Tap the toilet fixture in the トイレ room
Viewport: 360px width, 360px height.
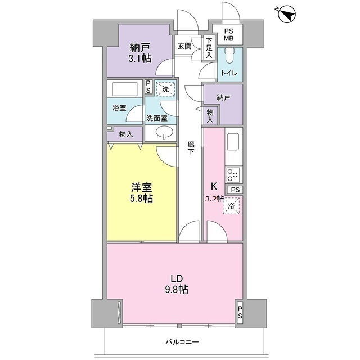pyautogui.click(x=229, y=55)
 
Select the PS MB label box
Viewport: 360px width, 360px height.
pyautogui.click(x=227, y=34)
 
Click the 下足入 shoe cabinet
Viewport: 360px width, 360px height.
pyautogui.click(x=209, y=48)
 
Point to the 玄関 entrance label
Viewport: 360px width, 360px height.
pyautogui.click(x=184, y=46)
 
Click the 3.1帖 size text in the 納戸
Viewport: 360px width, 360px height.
pyautogui.click(x=140, y=58)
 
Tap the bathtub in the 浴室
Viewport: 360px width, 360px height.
pyautogui.click(x=125, y=89)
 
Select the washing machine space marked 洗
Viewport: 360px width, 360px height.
pyautogui.click(x=165, y=88)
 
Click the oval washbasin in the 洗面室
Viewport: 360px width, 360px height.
pyautogui.click(x=164, y=133)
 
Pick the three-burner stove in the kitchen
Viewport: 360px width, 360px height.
pyautogui.click(x=233, y=175)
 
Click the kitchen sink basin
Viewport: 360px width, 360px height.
pyautogui.click(x=233, y=142)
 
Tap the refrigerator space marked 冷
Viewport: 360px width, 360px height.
pyautogui.click(x=231, y=206)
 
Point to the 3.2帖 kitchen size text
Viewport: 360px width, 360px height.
pyautogui.click(x=214, y=199)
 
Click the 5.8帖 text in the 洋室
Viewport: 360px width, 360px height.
pyautogui.click(x=141, y=199)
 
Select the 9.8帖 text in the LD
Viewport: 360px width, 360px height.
pyautogui.click(x=177, y=290)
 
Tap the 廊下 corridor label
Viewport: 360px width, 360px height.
pyautogui.click(x=191, y=148)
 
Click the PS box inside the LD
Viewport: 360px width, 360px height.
pyautogui.click(x=240, y=313)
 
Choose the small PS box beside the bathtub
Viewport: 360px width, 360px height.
pyautogui.click(x=148, y=87)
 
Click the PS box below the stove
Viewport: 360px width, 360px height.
pyautogui.click(x=235, y=190)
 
